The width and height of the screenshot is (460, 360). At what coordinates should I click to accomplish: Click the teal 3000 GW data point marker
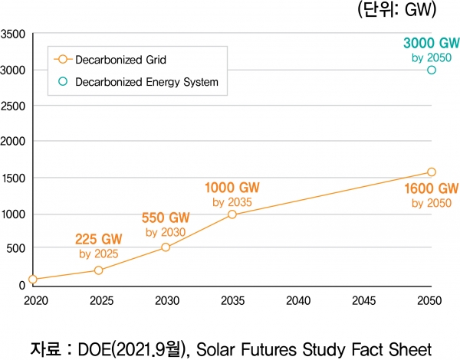[x=432, y=70]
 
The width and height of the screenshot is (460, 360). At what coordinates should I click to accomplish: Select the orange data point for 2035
[x=232, y=214]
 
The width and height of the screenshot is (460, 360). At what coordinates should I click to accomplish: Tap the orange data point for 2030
[x=166, y=247]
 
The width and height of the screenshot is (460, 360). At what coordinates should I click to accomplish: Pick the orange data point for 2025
[x=99, y=270]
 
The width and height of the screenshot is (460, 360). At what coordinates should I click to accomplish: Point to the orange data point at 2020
[x=33, y=280]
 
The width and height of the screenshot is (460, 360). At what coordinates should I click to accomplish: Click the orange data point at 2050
[x=432, y=172]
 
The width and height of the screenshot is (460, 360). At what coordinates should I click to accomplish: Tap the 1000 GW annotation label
[x=231, y=188]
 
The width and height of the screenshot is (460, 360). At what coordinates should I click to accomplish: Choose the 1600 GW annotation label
[x=431, y=188]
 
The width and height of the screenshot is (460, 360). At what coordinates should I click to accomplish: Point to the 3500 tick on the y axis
[x=13, y=34]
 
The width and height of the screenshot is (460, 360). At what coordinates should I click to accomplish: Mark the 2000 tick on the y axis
[x=13, y=142]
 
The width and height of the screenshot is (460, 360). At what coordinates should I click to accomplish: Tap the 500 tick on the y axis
[x=15, y=249]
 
